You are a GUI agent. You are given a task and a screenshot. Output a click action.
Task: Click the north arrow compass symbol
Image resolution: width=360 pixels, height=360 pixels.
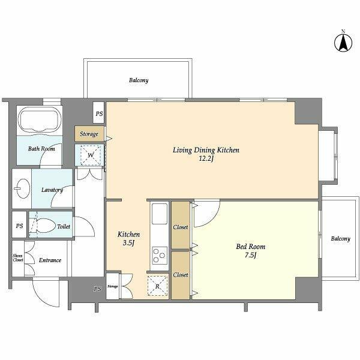(x=343, y=43)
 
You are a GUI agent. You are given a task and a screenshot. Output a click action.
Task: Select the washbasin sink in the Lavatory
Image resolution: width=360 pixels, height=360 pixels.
(x=22, y=188)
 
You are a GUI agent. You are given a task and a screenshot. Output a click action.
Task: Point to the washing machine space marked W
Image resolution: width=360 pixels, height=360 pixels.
(x=91, y=155)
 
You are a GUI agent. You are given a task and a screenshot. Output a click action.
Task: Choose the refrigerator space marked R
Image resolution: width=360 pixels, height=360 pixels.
(x=157, y=286)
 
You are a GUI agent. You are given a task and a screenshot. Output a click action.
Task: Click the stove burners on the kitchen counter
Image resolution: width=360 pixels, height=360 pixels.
(x=160, y=256)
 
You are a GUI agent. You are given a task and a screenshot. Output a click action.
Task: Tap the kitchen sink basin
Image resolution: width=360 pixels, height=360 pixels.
(x=160, y=214)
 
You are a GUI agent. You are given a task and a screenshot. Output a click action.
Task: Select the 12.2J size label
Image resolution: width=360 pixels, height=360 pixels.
(x=206, y=158)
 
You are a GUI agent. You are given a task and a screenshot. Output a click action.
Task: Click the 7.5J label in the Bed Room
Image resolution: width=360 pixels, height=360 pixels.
(x=250, y=255)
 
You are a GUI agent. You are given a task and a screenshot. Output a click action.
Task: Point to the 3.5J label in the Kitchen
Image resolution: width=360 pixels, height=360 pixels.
(x=128, y=243)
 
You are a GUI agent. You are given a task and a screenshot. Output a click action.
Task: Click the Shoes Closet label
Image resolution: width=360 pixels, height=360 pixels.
(x=18, y=258)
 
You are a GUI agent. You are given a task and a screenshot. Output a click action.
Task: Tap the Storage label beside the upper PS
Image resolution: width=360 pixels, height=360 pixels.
(x=89, y=134)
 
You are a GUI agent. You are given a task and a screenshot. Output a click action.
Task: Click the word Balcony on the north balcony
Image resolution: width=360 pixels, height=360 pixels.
(x=139, y=80)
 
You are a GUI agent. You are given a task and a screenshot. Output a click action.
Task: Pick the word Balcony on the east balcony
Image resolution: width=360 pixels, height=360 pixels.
(x=340, y=239)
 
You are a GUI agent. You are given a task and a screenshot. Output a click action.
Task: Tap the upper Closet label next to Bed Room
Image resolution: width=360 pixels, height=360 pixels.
(x=181, y=227)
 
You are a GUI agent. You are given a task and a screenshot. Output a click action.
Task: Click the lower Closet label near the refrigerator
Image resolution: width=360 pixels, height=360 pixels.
(x=181, y=275)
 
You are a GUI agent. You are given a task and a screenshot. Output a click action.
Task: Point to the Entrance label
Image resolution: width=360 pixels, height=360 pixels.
(x=50, y=260)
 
